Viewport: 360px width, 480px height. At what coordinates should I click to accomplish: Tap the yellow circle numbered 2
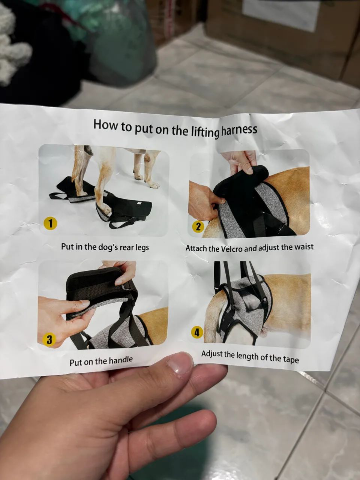(198, 227)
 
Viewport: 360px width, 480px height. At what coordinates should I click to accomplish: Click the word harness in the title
(239, 130)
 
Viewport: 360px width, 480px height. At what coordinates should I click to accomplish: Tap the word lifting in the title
(205, 132)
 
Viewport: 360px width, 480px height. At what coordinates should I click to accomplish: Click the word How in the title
(105, 124)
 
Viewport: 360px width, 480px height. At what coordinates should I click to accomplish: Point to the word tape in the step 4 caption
(292, 360)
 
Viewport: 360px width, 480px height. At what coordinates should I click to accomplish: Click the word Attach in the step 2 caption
(196, 249)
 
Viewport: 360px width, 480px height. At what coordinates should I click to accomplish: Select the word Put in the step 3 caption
(76, 363)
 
